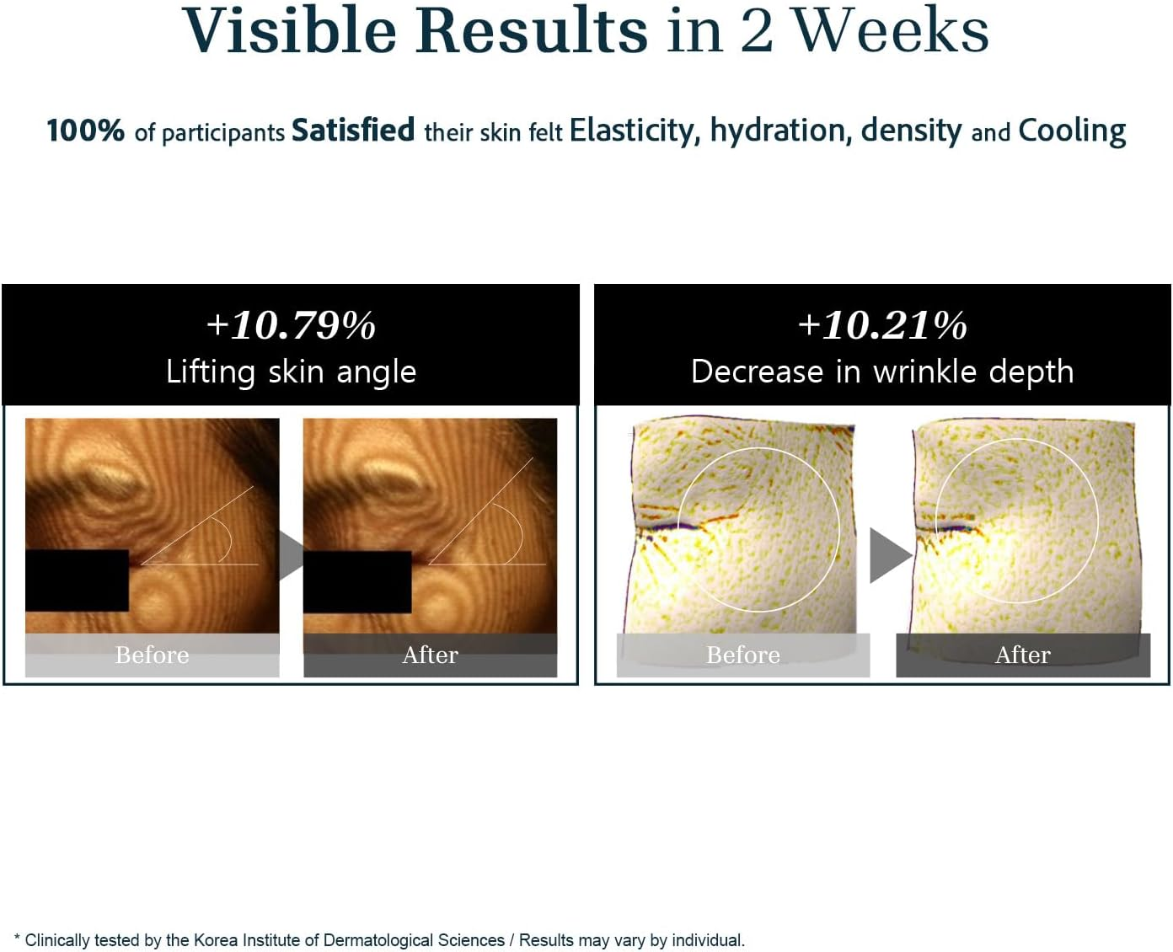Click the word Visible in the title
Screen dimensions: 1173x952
(289, 30)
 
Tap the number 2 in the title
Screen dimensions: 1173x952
(756, 32)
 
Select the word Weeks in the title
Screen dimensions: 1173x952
(891, 30)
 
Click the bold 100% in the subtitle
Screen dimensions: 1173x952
(85, 131)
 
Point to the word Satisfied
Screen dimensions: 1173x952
(353, 130)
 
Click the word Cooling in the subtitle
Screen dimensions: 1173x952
(1072, 132)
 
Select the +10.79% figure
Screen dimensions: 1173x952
(291, 325)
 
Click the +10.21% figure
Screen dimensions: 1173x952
(882, 325)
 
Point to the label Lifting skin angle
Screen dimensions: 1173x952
(291, 372)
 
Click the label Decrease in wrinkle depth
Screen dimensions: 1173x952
(882, 372)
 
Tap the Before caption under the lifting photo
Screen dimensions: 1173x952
(152, 655)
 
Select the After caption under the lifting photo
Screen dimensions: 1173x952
(430, 655)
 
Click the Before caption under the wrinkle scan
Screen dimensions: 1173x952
(743, 655)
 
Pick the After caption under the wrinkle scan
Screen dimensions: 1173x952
(1023, 655)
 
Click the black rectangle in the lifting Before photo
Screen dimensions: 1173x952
(77, 580)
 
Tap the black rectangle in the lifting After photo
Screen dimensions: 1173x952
(357, 582)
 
